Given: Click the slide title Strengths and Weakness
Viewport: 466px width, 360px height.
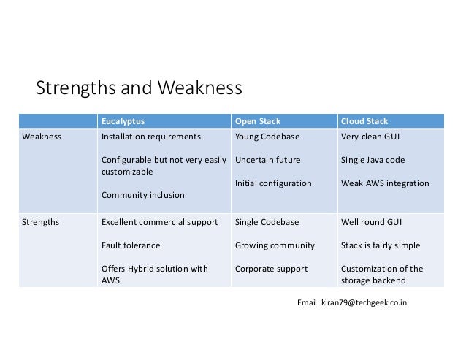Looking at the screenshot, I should click(x=139, y=89).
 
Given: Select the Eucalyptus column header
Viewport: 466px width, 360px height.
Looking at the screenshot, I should click(x=122, y=121).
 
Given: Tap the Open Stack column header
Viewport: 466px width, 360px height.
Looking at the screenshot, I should click(x=258, y=121).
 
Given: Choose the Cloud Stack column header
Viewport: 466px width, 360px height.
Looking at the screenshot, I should click(x=364, y=121).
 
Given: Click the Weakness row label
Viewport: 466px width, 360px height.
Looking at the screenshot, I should click(x=42, y=137).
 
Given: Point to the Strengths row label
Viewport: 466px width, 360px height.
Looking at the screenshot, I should click(x=42, y=221).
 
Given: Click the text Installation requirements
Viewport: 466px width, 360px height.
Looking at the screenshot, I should click(x=150, y=137).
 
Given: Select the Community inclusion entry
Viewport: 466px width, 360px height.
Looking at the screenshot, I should click(x=142, y=195).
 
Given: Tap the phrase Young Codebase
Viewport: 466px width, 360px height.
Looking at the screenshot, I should click(x=267, y=137).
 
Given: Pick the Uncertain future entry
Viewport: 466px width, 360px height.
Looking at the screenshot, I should click(x=267, y=160).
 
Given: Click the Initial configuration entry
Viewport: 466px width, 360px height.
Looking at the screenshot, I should click(x=273, y=183).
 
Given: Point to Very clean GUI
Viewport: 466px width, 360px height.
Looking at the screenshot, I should click(x=370, y=137).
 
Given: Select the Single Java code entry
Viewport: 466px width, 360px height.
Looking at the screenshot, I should click(x=373, y=160).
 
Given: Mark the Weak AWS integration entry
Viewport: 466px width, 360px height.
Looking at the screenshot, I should click(x=385, y=183).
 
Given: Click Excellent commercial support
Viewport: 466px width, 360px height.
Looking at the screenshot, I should click(x=159, y=221).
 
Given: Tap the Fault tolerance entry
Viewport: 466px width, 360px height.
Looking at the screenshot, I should click(x=131, y=245).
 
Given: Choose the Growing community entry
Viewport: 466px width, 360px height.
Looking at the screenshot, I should click(x=275, y=245).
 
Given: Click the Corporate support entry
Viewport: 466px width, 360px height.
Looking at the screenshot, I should click(x=271, y=269).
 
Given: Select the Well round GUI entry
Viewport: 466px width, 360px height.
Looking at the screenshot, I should click(x=370, y=221).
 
